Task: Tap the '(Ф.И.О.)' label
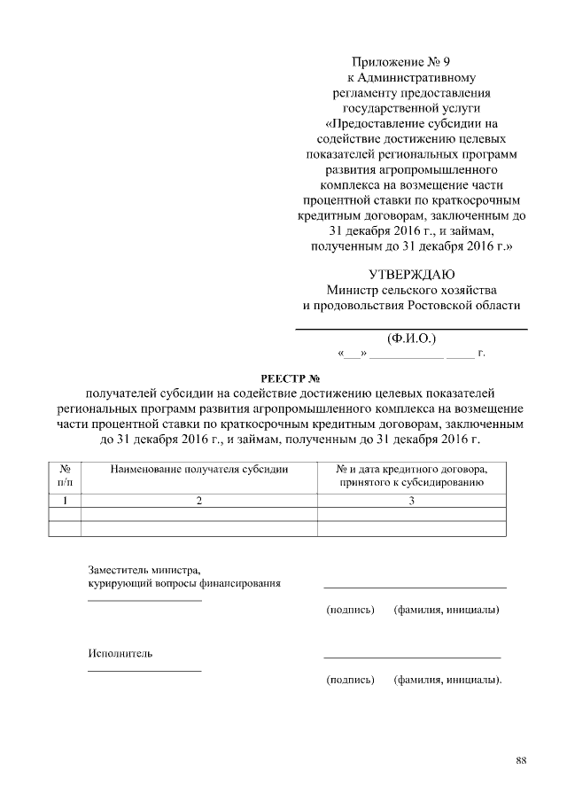(412, 339)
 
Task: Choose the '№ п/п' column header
(64, 475)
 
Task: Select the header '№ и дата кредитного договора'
(411, 468)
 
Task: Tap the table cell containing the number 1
(64, 502)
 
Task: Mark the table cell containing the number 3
(411, 502)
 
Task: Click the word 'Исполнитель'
(120, 653)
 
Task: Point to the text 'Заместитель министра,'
(144, 570)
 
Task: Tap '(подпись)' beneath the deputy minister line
(351, 611)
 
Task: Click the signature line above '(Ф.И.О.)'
(411, 330)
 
